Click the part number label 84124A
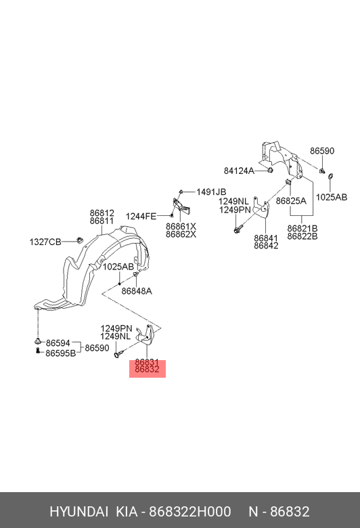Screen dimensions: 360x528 [239, 171]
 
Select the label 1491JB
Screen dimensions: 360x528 [211, 192]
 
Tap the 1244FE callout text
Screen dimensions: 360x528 [141, 216]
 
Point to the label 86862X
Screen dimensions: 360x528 [181, 234]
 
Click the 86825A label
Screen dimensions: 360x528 [291, 201]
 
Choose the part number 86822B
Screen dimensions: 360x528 [302, 236]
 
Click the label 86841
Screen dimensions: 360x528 [266, 238]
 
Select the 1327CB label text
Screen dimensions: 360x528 [45, 242]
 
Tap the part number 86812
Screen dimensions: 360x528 [102, 213]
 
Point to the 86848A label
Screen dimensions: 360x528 [137, 291]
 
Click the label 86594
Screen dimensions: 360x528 [58, 343]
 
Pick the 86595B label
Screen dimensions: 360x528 [61, 353]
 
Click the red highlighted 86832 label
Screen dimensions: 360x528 [147, 370]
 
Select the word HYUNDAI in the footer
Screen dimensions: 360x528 [78, 512]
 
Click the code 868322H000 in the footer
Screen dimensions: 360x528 [190, 512]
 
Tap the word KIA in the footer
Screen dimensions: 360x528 [127, 512]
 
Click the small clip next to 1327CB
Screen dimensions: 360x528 [80, 240]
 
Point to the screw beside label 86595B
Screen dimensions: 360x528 [38, 351]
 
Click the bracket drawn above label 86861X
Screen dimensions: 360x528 [181, 206]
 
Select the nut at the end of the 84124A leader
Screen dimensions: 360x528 [270, 171]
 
